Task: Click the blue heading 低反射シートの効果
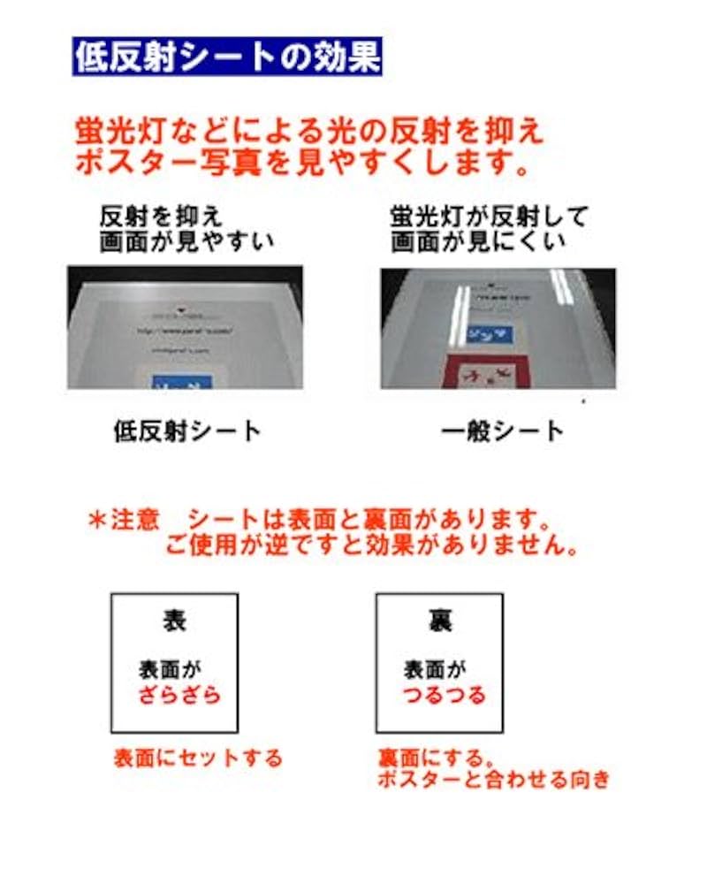227,57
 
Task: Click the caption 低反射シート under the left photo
187,431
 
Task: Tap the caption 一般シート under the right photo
502,431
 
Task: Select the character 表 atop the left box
174,621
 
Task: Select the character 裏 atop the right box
439,621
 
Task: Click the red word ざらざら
179,695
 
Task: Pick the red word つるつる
445,695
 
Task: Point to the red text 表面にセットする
197,758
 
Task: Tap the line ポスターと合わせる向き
493,780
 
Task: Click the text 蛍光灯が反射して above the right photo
489,217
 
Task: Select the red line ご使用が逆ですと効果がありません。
371,545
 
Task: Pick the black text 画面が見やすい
186,241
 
